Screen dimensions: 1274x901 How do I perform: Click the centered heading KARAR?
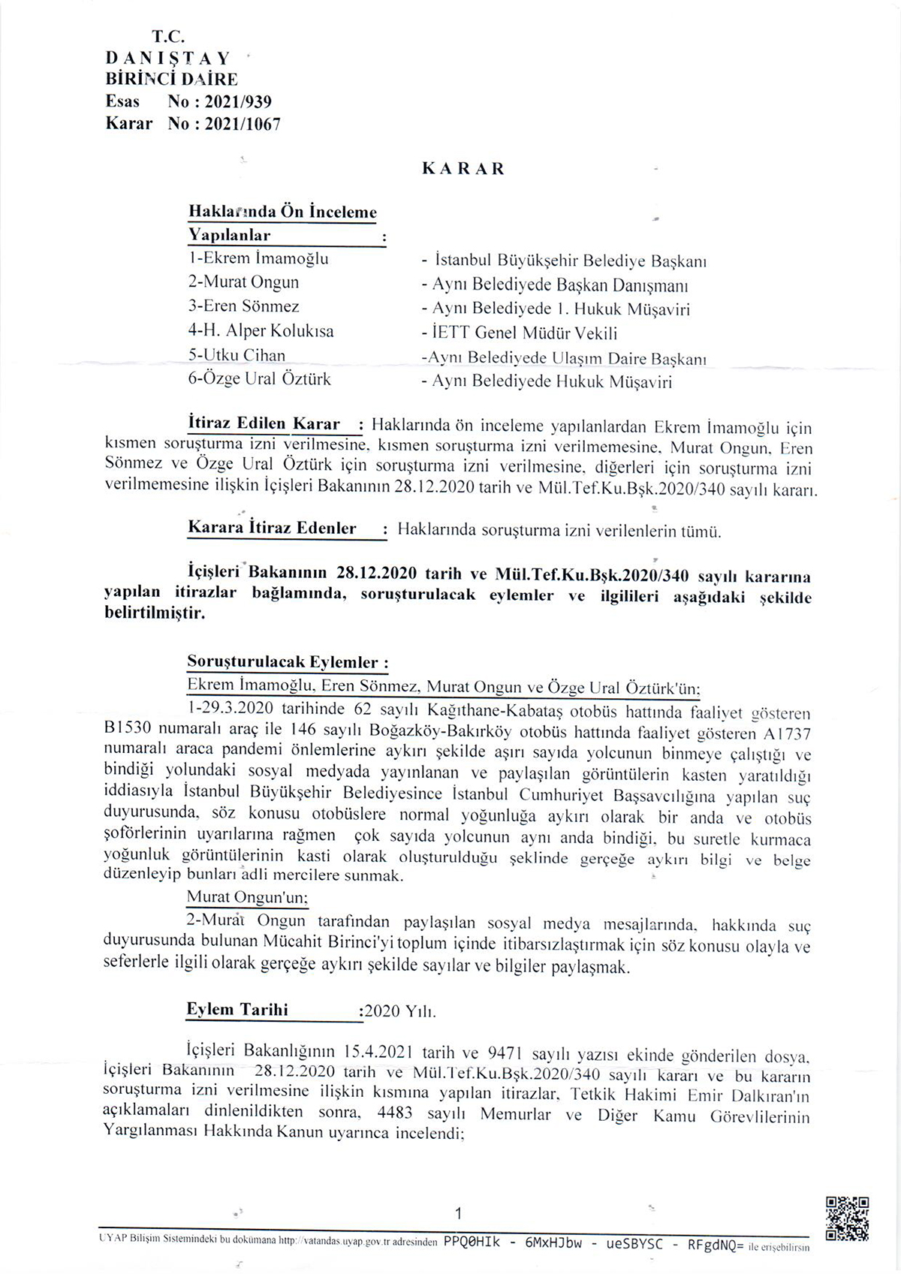coord(463,169)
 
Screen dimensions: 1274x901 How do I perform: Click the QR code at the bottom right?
coord(847,1218)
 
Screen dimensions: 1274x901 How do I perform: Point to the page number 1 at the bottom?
coord(459,1213)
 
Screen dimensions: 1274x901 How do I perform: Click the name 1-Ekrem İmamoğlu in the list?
coord(258,259)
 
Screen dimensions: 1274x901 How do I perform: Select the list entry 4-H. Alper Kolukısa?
coord(261,331)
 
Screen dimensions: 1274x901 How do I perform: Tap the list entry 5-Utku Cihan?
coord(237,355)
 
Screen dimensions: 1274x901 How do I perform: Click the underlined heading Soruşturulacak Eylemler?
coord(287,662)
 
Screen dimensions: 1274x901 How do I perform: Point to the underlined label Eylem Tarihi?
coord(237,1010)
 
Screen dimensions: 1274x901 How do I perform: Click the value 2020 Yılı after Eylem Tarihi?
coord(399,1012)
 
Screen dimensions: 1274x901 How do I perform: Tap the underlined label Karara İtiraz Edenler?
coord(272,529)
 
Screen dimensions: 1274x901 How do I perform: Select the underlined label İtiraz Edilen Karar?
coord(264,424)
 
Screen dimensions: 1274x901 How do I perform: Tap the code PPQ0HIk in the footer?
coord(472,1243)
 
